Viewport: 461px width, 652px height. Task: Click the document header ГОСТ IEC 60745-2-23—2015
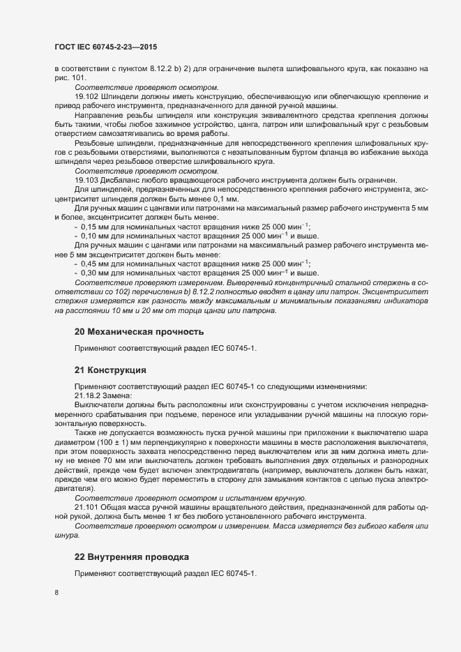(x=105, y=47)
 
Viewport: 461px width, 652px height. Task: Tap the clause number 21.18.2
(x=88, y=395)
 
